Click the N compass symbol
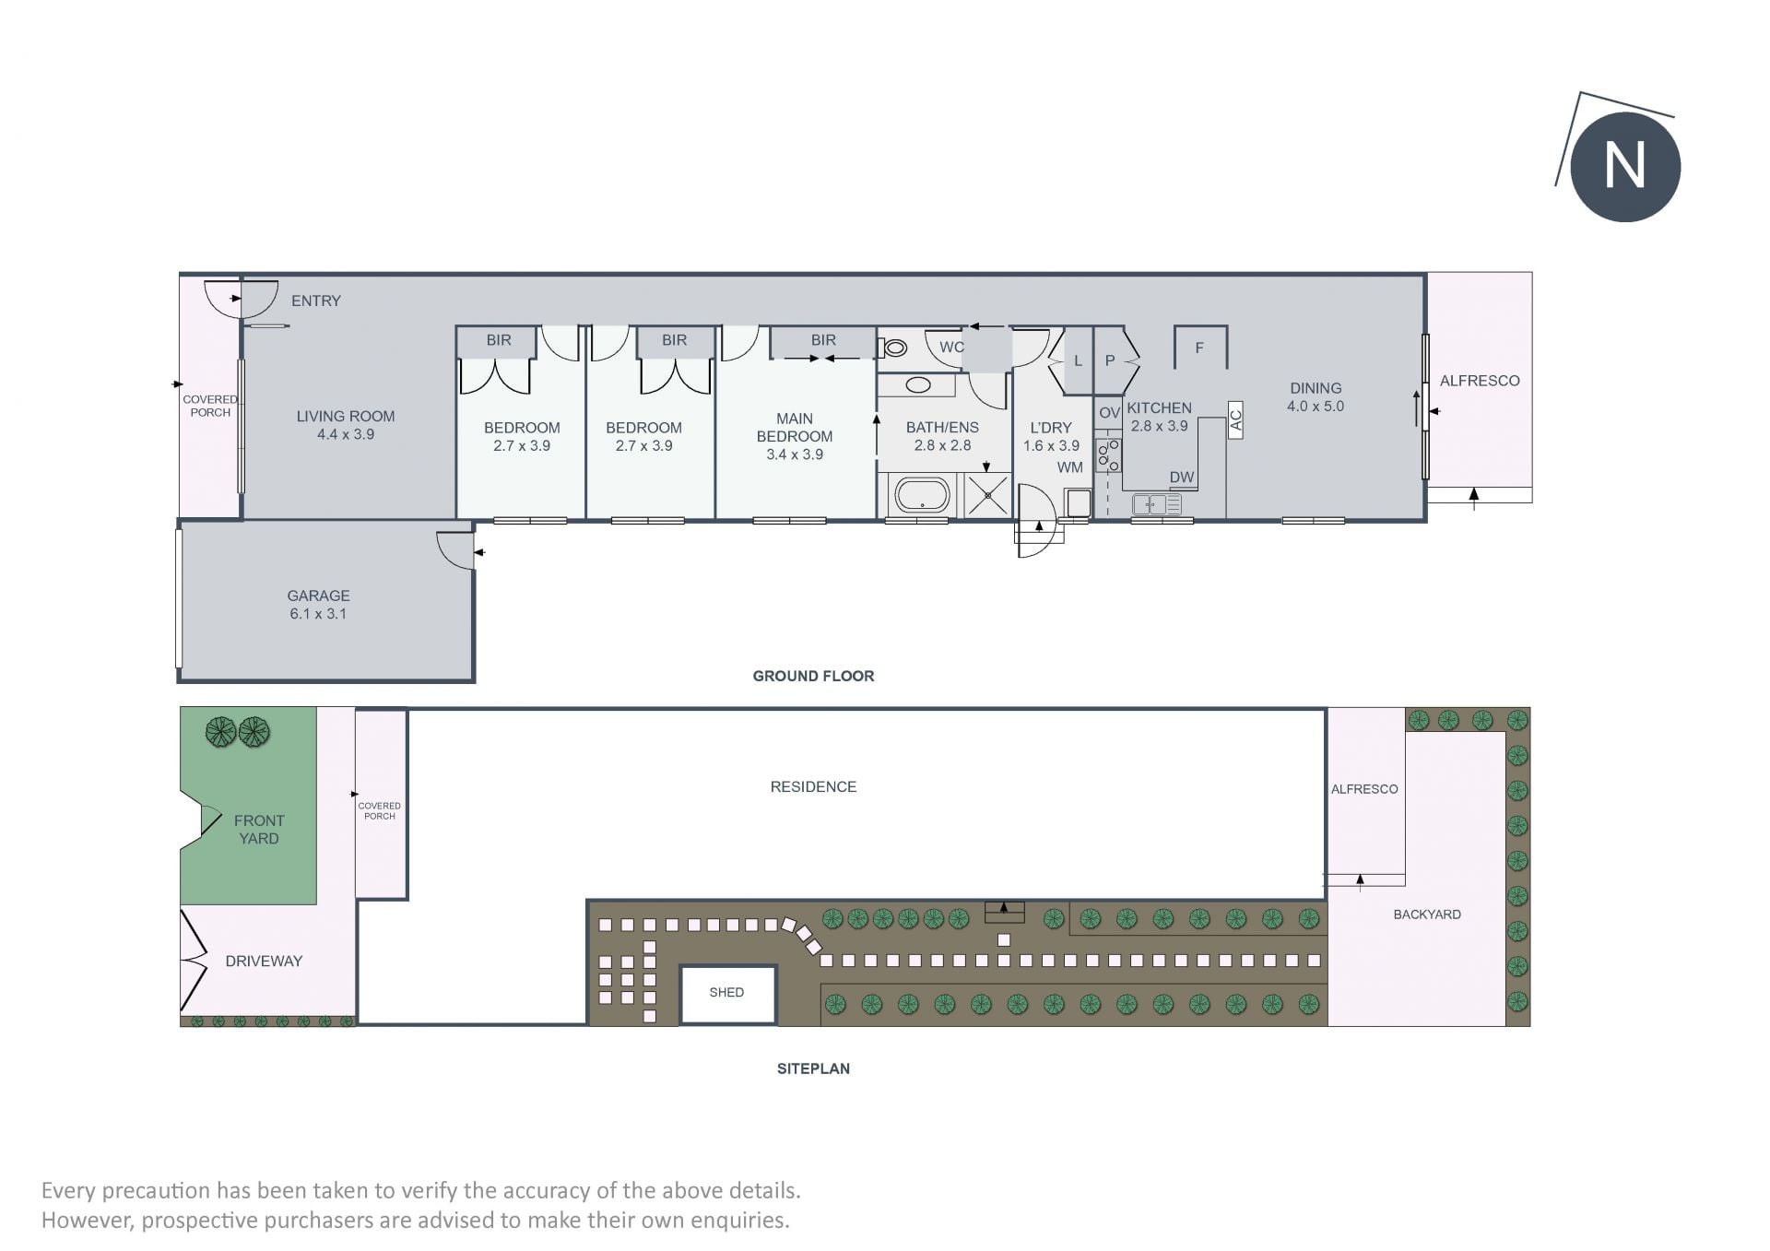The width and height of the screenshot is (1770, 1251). (1624, 166)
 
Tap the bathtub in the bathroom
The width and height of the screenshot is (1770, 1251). (921, 495)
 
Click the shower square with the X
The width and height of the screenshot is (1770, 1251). (986, 495)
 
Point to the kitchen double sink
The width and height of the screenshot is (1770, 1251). (1156, 504)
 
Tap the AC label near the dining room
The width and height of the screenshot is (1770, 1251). (1235, 419)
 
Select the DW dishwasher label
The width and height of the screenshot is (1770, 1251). (1182, 478)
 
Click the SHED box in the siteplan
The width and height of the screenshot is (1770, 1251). (727, 994)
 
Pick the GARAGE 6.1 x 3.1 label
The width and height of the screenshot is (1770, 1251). (318, 605)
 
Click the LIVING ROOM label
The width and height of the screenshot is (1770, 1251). (346, 416)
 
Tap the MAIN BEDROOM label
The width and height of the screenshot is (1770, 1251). (795, 427)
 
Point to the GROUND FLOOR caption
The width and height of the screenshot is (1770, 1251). (813, 676)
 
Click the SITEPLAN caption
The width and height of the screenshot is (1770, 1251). (813, 1068)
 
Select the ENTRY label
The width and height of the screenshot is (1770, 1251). (316, 301)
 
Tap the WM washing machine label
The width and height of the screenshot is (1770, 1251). (1070, 467)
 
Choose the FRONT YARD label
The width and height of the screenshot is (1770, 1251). (259, 830)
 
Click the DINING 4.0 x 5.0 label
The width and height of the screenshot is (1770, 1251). (1316, 397)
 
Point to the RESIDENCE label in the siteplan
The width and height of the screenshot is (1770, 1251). (813, 786)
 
